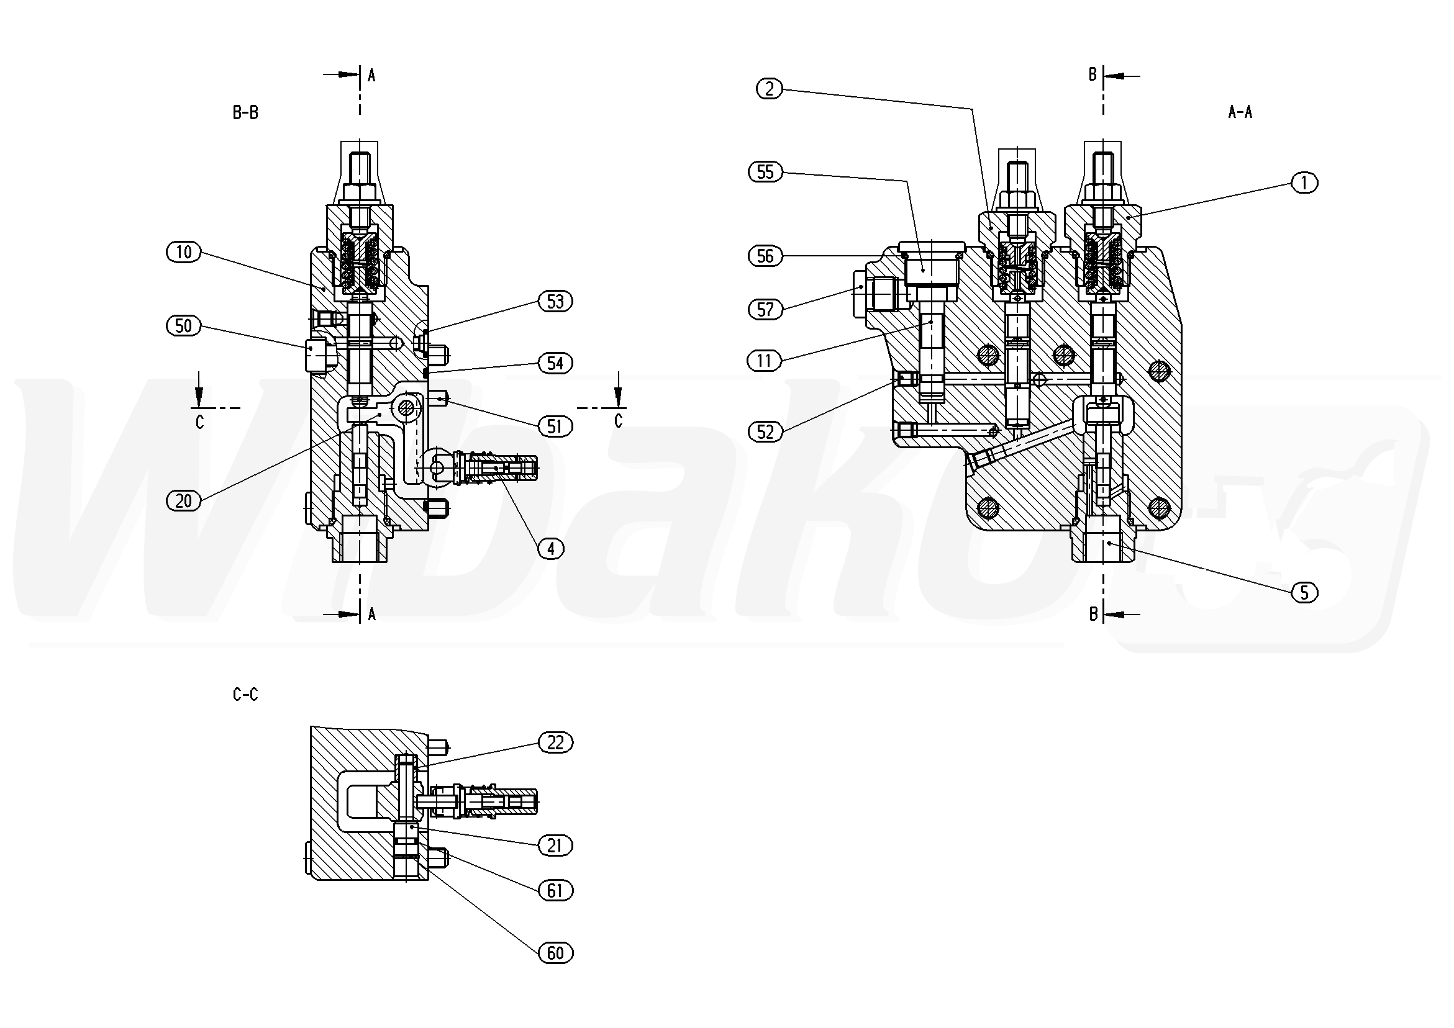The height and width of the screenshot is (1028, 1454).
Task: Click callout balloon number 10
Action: point(184,253)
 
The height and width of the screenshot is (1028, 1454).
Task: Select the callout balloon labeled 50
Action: point(184,326)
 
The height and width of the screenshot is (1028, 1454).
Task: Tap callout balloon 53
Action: point(555,301)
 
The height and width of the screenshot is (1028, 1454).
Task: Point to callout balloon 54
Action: point(555,363)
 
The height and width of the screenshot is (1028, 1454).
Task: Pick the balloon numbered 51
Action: point(555,426)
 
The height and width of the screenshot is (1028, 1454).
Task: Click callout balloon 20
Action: point(184,502)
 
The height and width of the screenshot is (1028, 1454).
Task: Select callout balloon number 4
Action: point(551,549)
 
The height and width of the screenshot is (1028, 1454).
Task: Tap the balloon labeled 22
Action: point(555,742)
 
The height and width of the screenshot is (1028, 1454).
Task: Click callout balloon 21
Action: point(555,845)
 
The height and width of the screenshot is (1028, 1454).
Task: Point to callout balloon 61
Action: point(555,891)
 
